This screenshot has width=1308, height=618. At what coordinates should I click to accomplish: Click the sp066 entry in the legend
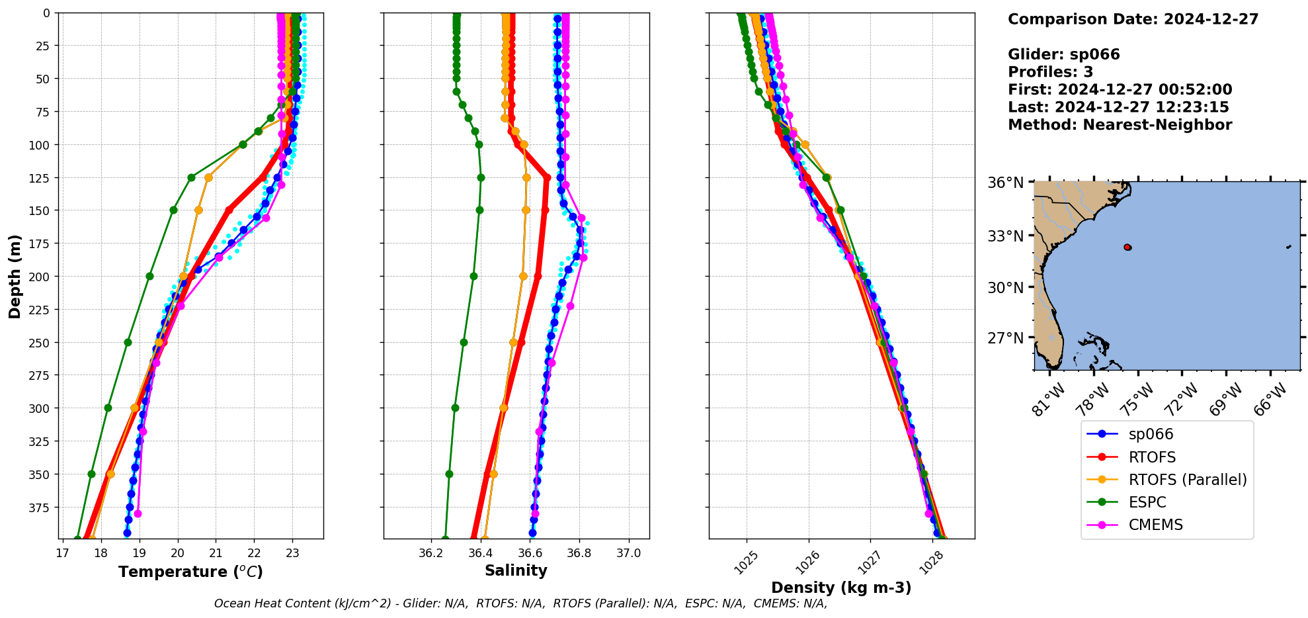coord(1150,434)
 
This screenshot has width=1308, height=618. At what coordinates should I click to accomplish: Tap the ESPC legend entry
coord(1147,502)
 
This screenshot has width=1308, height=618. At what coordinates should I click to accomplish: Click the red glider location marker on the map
coord(1127,247)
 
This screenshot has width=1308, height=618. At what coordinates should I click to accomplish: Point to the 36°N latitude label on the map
coord(1005,183)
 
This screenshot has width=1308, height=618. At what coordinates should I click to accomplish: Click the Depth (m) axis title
coord(15,276)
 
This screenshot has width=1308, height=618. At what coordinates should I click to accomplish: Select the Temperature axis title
coord(190,572)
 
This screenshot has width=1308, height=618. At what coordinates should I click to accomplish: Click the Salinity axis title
coord(516,570)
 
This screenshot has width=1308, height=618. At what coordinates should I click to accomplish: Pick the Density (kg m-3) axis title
coord(841,588)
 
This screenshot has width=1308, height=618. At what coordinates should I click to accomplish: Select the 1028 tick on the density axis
coord(932,560)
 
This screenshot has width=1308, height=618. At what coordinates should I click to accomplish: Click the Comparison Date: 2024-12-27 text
coord(1133,19)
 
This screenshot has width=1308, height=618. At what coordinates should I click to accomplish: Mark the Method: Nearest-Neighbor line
coord(1120,125)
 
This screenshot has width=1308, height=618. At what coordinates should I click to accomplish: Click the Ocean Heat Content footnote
coord(520,603)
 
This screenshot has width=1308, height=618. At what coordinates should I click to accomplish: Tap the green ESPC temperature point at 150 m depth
coord(173,210)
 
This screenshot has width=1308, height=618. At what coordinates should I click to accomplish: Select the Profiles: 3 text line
coord(1050,72)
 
